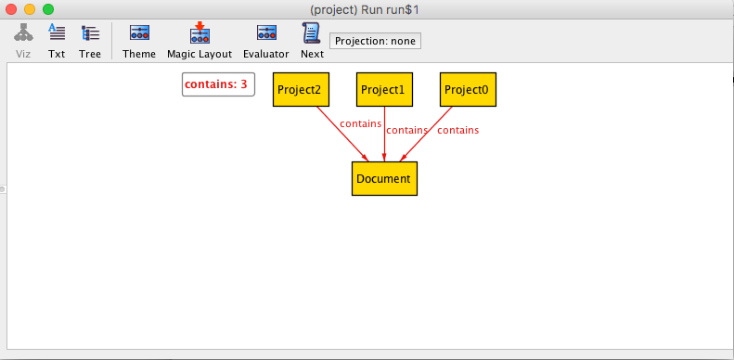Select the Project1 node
(384, 90)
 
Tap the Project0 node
(468, 90)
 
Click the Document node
(384, 178)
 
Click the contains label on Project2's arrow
(361, 123)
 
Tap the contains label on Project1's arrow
(407, 131)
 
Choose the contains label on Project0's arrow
(458, 131)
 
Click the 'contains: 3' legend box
(218, 84)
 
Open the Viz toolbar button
(24, 41)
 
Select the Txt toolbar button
(57, 41)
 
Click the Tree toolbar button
(90, 41)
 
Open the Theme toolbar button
(139, 41)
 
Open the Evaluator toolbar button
(265, 41)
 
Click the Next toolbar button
(312, 41)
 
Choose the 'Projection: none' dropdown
(376, 41)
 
